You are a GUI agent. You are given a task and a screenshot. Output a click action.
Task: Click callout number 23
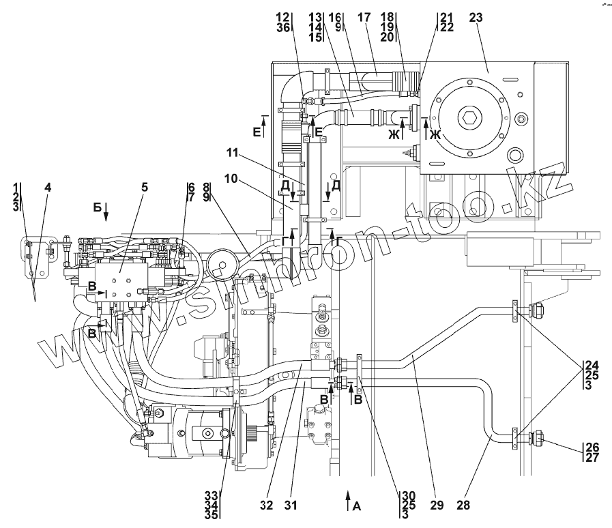click(476, 18)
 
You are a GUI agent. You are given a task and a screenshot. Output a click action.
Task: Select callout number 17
click(364, 18)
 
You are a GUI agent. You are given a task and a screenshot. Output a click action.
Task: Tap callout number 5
click(145, 188)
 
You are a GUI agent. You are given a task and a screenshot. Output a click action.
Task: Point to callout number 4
click(47, 188)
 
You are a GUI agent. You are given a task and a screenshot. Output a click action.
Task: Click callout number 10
click(231, 179)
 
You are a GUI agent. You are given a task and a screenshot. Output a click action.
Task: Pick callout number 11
click(233, 153)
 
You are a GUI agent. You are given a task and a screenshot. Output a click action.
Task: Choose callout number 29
click(437, 505)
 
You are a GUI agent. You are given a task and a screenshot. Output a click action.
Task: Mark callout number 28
click(463, 505)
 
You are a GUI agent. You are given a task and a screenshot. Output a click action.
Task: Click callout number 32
click(266, 505)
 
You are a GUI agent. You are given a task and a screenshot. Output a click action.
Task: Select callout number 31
click(291, 505)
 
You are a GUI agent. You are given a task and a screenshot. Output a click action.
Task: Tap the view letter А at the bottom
click(357, 507)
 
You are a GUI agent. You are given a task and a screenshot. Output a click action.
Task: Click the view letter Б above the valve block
click(97, 207)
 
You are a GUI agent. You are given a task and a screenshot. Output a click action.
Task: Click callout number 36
click(283, 28)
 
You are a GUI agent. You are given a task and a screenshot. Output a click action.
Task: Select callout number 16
click(335, 17)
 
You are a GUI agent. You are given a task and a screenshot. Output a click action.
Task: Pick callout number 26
click(592, 447)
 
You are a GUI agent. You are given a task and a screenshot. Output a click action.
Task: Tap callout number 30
click(408, 496)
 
